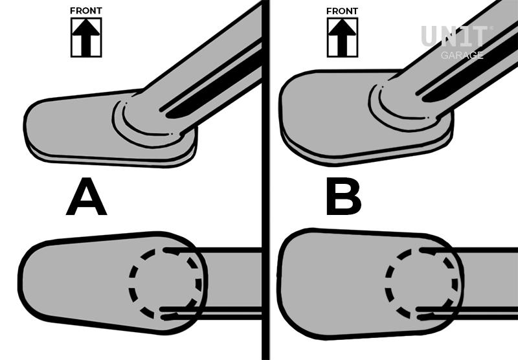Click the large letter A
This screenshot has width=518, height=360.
click(x=87, y=197)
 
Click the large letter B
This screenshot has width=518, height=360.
click(x=344, y=197)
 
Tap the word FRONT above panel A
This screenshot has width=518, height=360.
click(x=86, y=11)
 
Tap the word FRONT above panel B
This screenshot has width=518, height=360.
click(x=342, y=11)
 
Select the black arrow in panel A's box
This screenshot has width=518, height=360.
click(x=86, y=37)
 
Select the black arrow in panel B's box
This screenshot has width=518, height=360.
click(x=343, y=37)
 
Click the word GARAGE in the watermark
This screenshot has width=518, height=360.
click(x=462, y=55)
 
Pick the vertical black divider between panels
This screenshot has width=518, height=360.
click(x=265, y=180)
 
